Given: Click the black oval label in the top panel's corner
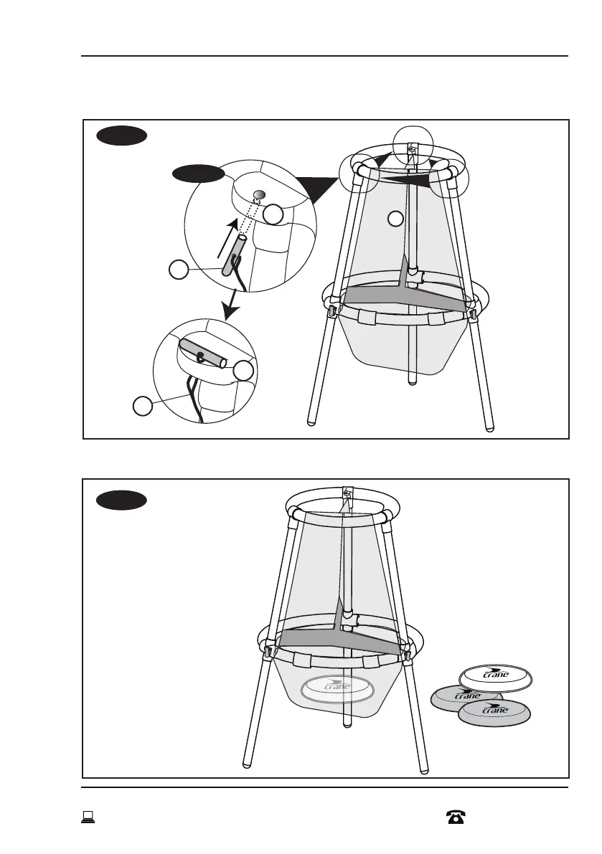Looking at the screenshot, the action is tap(122, 136).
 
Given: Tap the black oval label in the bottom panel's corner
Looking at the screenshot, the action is tap(122, 500).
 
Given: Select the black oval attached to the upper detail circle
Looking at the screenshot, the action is tap(197, 173).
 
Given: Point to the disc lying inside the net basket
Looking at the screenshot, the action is tap(339, 688).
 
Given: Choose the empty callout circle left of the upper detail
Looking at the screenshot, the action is tap(178, 270).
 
